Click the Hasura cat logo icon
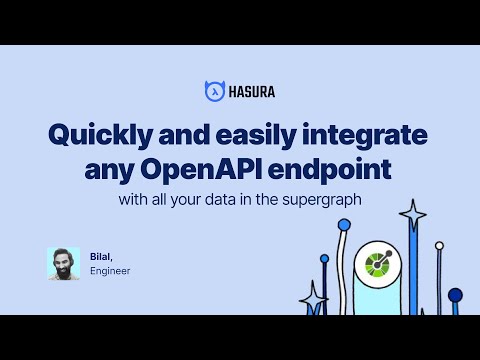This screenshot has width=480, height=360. click(x=212, y=91)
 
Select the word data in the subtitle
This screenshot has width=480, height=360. click(x=254, y=199)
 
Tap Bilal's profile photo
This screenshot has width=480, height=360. click(x=63, y=263)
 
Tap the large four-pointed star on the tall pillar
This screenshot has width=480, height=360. click(x=412, y=214)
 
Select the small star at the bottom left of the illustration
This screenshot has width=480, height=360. click(x=314, y=298)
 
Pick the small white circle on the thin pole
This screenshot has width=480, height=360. click(x=438, y=245)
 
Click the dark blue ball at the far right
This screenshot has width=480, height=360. click(x=455, y=295)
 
